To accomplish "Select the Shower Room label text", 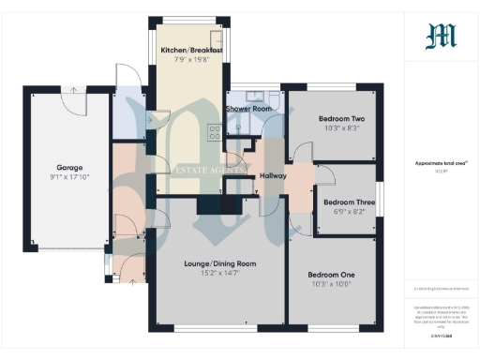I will tap(248, 109).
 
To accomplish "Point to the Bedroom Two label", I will tap(341, 119).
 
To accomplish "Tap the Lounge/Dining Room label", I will tap(219, 263).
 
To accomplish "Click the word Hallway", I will tap(273, 175).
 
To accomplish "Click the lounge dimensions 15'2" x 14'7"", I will tap(219, 273).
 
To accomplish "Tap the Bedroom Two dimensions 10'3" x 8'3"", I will tap(341, 128).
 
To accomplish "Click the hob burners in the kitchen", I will tap(214, 133).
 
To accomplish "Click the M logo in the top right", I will tap(441, 37).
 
